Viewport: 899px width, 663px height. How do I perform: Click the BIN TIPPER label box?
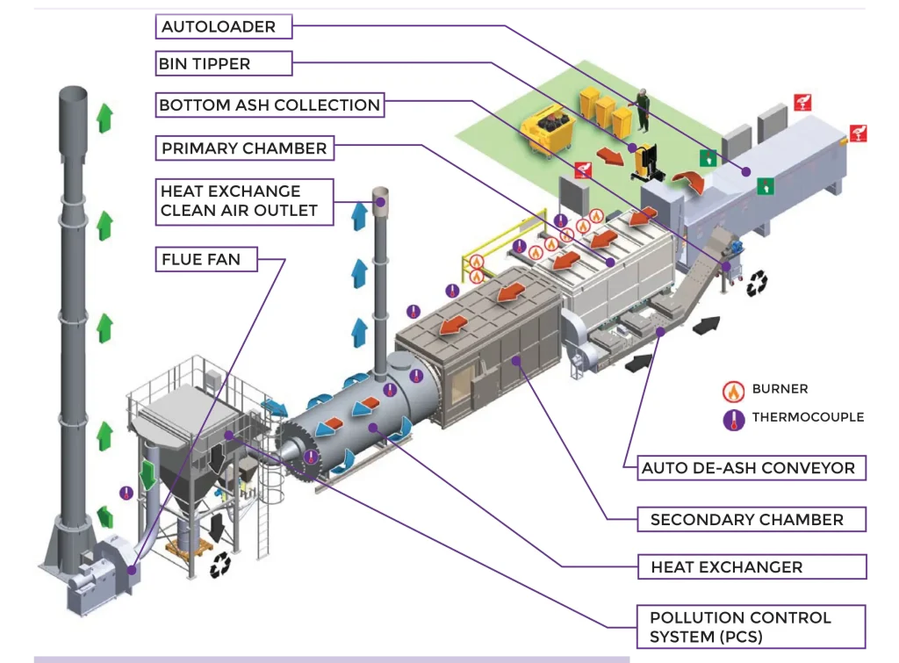point(223,63)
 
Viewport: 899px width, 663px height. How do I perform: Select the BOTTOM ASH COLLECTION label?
point(270,105)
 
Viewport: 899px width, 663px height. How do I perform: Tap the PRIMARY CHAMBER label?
point(244,148)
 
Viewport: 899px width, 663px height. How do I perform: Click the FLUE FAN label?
point(207,259)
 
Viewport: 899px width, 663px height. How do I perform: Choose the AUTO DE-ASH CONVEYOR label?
point(748,468)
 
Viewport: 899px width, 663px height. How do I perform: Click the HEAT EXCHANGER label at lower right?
point(726,567)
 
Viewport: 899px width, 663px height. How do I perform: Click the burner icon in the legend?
point(734,390)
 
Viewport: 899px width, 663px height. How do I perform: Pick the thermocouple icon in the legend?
point(734,418)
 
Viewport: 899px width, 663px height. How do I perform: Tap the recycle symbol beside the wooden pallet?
point(220,564)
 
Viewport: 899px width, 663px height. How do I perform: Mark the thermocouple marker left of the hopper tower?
point(126,494)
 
